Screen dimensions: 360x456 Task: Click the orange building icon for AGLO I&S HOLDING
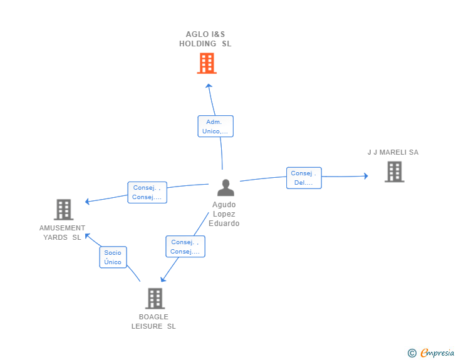tap(206, 63)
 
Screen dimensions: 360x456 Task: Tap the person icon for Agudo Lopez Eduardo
tap(225, 188)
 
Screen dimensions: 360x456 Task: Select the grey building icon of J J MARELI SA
tap(393, 172)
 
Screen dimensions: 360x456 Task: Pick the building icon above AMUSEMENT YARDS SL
tap(63, 210)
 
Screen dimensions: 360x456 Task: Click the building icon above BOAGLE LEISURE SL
tap(155, 299)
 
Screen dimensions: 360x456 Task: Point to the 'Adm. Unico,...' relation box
tap(215, 126)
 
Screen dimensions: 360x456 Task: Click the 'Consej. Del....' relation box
tap(304, 178)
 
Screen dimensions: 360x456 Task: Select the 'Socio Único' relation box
tap(113, 257)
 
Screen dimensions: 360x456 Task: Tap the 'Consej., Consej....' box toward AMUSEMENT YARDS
tap(147, 192)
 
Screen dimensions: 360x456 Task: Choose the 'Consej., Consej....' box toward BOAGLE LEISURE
tap(185, 247)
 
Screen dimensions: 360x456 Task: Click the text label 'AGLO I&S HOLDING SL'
tap(205, 39)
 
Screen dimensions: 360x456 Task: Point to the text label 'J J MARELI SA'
tap(393, 152)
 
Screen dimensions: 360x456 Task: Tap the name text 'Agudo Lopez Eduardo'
tap(224, 214)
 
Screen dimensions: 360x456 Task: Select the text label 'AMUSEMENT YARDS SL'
tap(62, 232)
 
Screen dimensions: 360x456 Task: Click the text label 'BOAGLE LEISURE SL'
tap(153, 321)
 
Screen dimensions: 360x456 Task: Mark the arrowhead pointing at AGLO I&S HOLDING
tap(209, 86)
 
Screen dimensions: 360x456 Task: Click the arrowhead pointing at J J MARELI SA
tap(366, 176)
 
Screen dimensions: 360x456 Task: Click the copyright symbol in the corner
tap(412, 353)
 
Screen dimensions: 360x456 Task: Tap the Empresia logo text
tap(437, 353)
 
